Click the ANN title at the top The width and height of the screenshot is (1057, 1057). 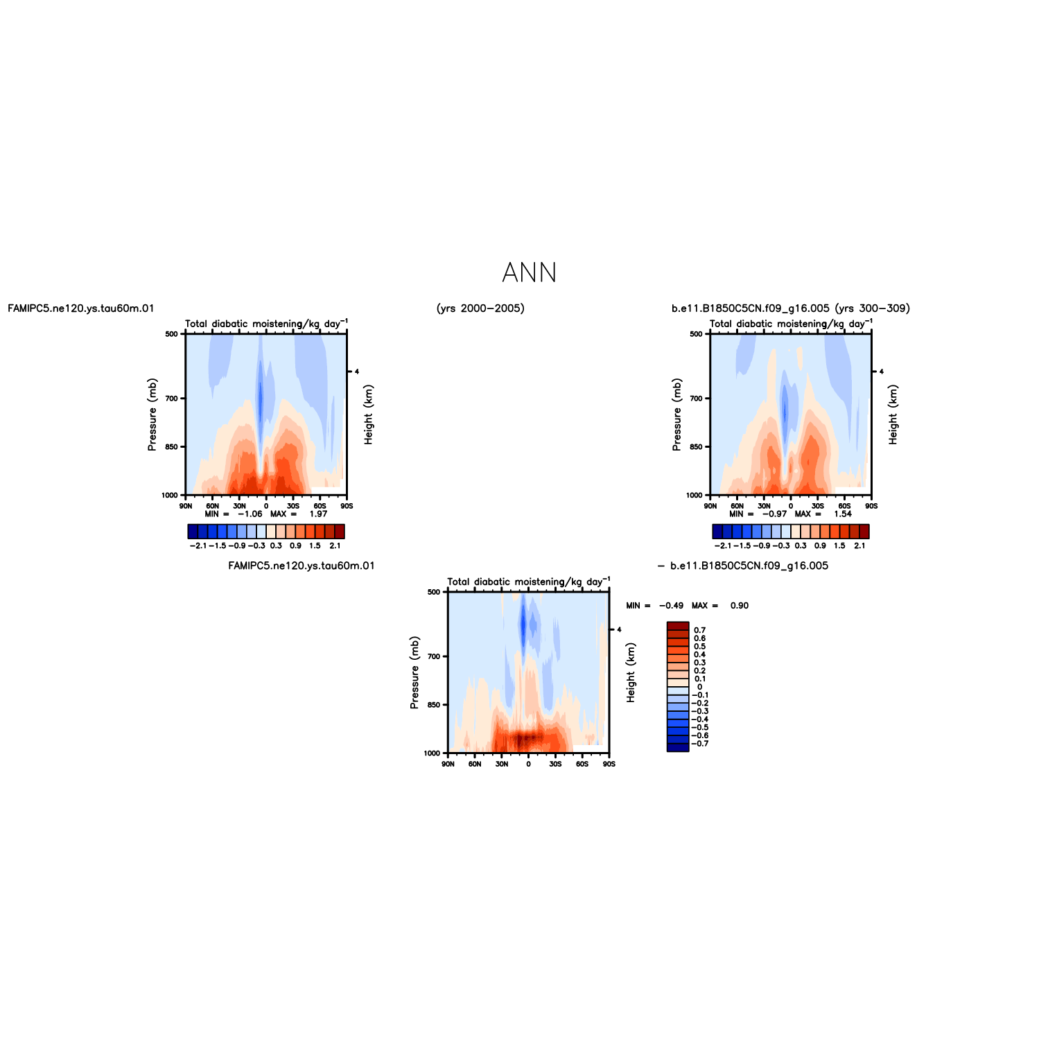[529, 273]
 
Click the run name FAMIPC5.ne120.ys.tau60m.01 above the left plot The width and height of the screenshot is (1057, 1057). [81, 308]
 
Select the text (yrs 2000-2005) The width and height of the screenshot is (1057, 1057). [480, 308]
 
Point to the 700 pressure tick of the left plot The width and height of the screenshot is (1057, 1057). [173, 399]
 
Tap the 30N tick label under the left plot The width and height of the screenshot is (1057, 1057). [239, 506]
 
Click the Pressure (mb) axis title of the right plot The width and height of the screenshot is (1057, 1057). [676, 414]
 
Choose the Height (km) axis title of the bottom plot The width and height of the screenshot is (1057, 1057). [631, 672]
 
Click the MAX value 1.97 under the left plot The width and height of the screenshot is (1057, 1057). [318, 514]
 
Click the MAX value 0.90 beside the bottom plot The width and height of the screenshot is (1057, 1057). [740, 606]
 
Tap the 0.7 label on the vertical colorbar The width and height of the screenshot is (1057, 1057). [700, 630]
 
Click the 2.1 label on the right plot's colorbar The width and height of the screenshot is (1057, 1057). [859, 545]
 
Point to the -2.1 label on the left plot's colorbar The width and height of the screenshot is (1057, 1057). [198, 545]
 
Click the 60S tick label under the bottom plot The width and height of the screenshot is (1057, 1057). [582, 764]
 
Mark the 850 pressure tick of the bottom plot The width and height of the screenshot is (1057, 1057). [435, 705]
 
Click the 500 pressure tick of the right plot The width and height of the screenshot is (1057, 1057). [697, 334]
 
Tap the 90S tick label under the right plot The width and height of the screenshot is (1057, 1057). [871, 506]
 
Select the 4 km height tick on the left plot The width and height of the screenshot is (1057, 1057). [357, 372]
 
